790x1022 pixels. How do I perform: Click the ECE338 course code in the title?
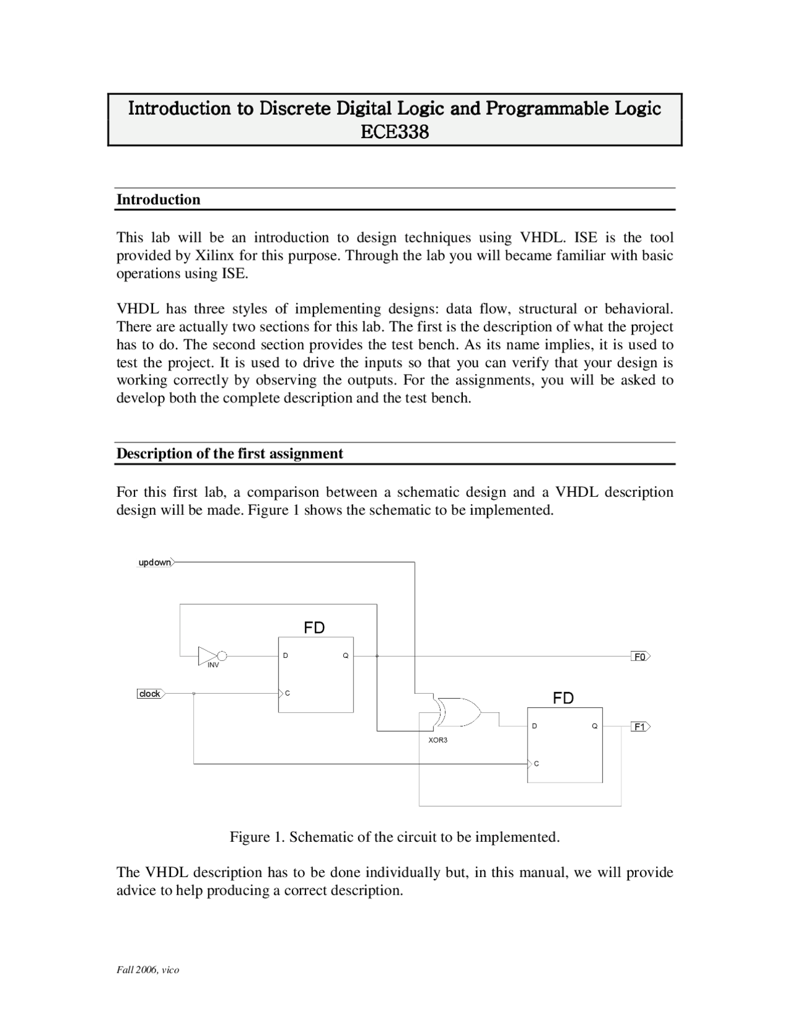point(394,132)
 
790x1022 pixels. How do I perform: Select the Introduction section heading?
point(159,199)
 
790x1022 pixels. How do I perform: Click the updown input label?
point(154,562)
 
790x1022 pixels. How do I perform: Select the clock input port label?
point(149,694)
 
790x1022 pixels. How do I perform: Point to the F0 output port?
point(640,657)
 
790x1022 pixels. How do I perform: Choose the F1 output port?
point(640,727)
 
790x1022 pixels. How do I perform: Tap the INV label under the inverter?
point(213,665)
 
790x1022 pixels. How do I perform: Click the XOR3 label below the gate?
point(438,740)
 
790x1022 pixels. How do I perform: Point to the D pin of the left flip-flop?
point(285,655)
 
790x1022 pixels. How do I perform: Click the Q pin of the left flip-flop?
point(346,655)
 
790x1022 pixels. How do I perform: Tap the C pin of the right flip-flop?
point(536,764)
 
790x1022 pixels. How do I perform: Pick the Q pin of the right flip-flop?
point(594,726)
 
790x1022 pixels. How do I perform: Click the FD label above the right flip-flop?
point(563,698)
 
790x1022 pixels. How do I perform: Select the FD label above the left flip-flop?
point(314,628)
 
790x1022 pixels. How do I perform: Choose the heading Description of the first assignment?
point(230,454)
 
